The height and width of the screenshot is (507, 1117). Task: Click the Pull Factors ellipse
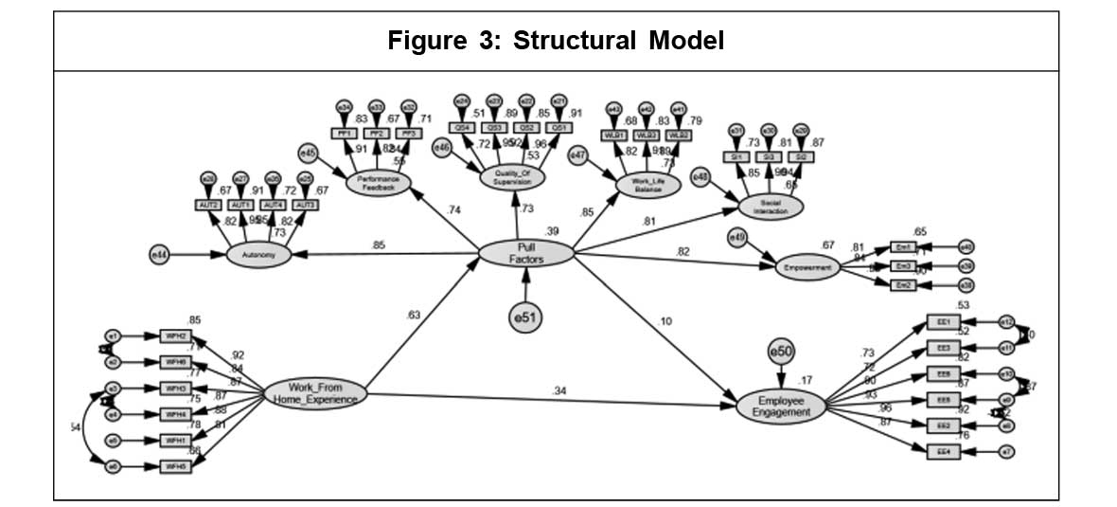(x=526, y=254)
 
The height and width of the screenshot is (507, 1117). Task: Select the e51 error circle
(x=526, y=317)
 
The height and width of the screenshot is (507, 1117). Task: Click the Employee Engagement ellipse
(x=781, y=405)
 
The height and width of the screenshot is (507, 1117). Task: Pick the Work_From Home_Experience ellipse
(x=315, y=392)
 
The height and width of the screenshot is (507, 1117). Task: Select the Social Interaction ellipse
(x=770, y=206)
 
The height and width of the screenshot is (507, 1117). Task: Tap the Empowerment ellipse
(x=807, y=267)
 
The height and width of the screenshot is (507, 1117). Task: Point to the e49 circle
(x=738, y=236)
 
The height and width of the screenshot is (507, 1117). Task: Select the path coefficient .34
(x=561, y=390)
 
